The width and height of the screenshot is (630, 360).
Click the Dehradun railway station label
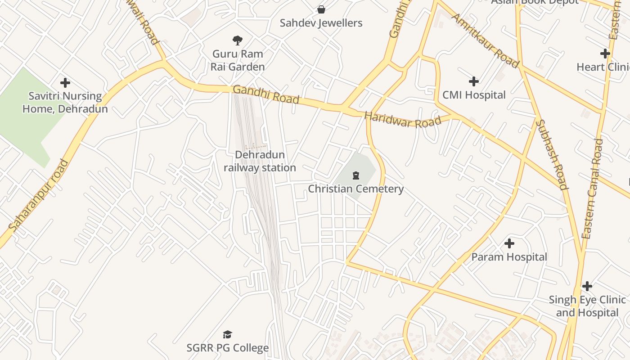260,161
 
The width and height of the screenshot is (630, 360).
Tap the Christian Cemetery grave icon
356,175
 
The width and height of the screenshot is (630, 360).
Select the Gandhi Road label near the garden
266,94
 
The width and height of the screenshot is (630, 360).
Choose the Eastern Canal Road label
592,189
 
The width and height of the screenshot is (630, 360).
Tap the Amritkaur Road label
485,40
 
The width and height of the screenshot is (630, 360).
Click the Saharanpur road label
38,195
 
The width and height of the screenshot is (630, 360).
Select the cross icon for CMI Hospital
473,81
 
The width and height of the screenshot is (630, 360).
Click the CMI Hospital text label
474,95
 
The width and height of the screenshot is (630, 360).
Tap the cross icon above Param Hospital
509,243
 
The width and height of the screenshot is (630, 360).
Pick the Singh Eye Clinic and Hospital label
587,306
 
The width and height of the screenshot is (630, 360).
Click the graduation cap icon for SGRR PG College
227,334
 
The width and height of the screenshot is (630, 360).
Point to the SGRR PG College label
228,348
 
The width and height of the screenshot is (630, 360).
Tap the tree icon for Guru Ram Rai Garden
238,40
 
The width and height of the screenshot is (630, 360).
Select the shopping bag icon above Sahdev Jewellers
321,9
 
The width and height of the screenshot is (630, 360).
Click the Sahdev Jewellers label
321,23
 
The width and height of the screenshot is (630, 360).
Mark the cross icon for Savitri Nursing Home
65,83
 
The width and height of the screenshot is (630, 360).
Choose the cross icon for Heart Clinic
605,54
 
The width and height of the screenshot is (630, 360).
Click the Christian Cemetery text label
355,189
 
